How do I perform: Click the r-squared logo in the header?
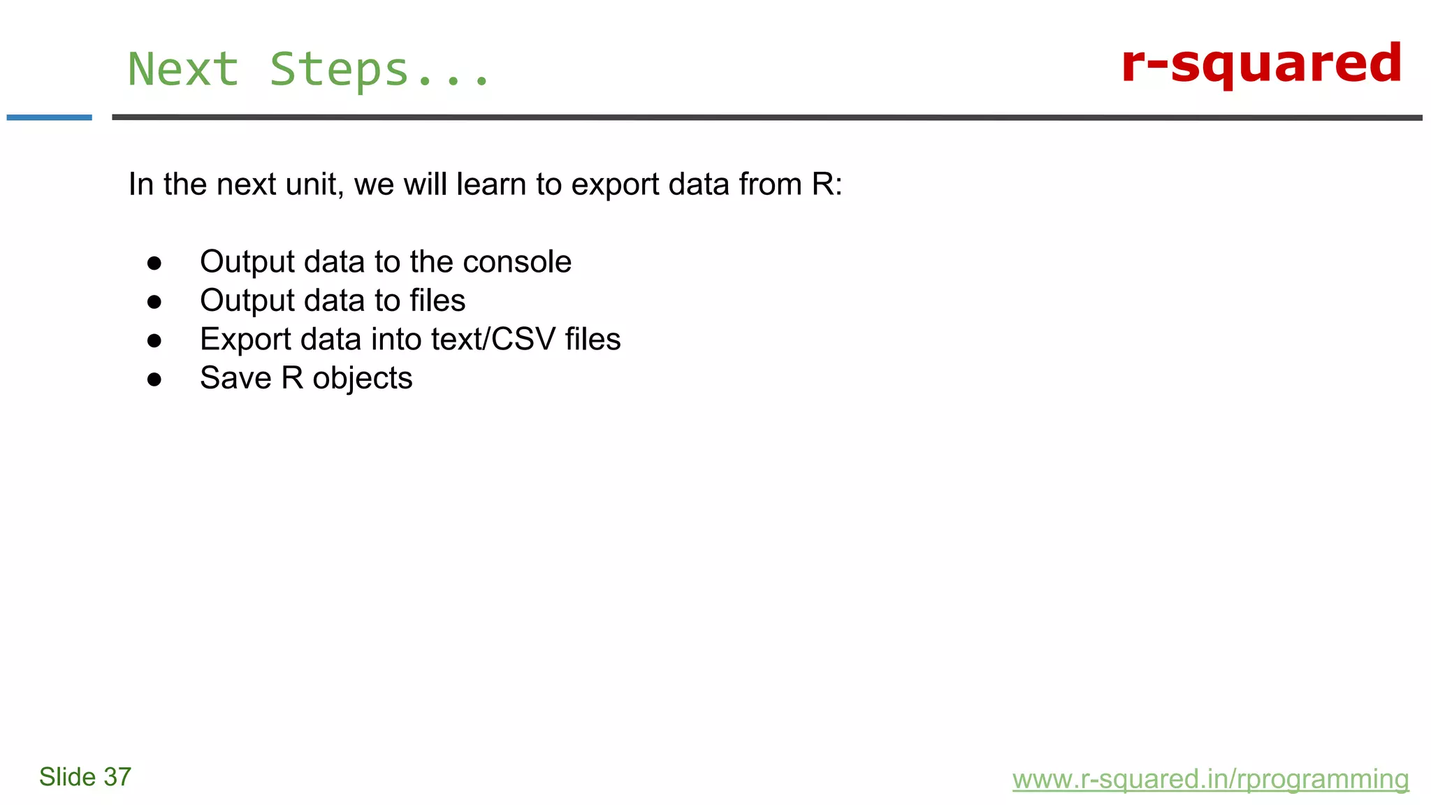(1261, 64)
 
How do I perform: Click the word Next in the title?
(183, 70)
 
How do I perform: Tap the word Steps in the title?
(339, 70)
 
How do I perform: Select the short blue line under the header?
(49, 117)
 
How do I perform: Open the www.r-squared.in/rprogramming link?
(1210, 778)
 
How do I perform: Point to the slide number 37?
(117, 777)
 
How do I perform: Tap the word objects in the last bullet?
(362, 379)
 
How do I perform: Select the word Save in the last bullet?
(235, 378)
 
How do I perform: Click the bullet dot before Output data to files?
(154, 302)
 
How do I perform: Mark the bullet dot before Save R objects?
(154, 379)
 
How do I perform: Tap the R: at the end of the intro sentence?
(827, 184)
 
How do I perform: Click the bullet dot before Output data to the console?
(154, 263)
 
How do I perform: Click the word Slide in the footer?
(67, 777)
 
